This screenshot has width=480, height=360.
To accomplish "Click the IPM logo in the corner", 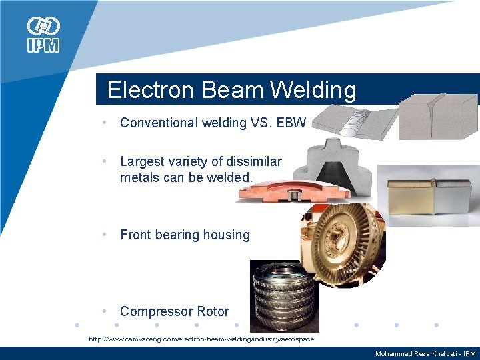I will click(x=43, y=35).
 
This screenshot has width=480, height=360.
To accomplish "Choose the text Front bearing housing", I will click(x=185, y=235).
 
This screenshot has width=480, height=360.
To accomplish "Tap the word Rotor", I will click(x=212, y=311).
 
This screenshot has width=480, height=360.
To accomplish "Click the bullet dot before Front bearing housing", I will click(x=105, y=235).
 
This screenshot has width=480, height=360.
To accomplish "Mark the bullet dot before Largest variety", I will click(x=105, y=161).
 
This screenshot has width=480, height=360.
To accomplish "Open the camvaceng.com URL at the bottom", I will click(x=201, y=339).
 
